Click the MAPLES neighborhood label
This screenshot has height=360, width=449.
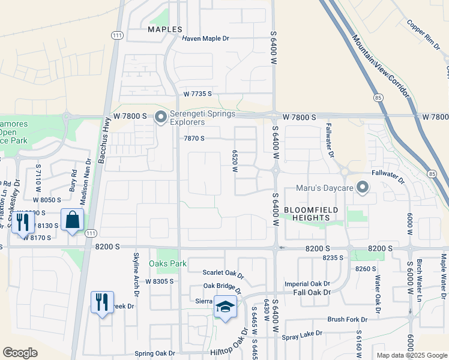point(165,29)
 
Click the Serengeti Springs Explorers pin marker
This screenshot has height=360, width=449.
point(160,116)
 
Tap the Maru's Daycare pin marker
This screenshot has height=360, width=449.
point(363,188)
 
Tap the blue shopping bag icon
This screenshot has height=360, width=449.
point(73,220)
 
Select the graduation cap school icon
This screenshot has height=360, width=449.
point(225,307)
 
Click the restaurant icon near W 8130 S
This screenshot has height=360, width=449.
point(20,222)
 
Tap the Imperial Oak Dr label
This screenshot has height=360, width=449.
point(307,284)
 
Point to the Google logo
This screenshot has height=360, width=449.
point(20,352)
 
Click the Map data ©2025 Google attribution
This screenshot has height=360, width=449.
point(411,355)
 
